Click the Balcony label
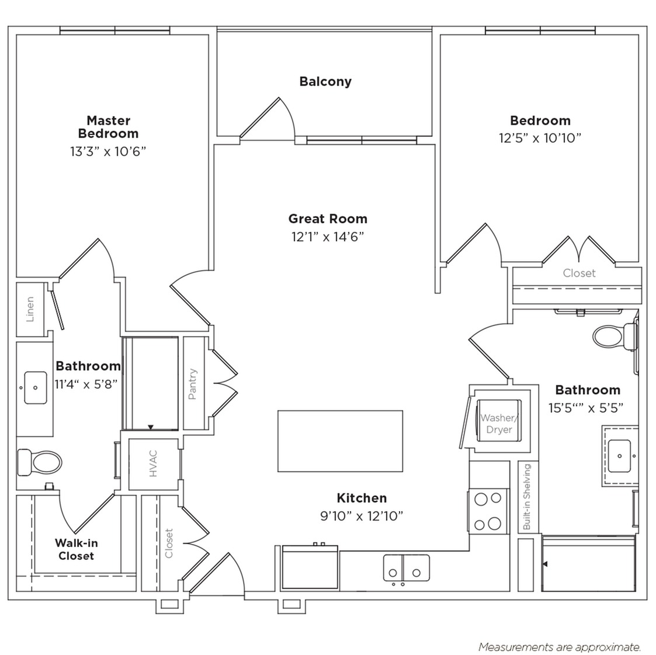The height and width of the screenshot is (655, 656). point(325,81)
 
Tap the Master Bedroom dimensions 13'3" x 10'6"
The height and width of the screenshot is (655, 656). point(108,151)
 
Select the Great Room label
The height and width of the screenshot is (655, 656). point(328,219)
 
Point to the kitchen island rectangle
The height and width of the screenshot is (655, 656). point(340,441)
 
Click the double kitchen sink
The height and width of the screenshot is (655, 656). point(406,568)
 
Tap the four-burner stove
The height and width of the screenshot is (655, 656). point(488,511)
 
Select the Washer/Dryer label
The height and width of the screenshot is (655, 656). point(499,424)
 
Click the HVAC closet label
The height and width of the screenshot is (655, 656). point(153,463)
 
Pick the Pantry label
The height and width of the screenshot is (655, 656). point(192,384)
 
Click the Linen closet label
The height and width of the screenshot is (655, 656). point(30,309)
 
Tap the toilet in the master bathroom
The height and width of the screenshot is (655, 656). point(39,463)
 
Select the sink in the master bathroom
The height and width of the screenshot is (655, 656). point(36,387)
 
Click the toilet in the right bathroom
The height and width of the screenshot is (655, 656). point(615,336)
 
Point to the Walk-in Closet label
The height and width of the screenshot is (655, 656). point(76,549)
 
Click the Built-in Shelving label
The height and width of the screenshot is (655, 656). point(527,497)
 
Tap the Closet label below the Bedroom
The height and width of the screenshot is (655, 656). point(579,273)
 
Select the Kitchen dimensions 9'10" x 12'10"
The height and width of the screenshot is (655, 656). point(362,515)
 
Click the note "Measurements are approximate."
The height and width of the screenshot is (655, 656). point(560,647)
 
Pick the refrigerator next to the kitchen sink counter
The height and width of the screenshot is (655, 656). point(310,567)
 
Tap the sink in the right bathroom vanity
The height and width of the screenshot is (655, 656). point(620,455)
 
